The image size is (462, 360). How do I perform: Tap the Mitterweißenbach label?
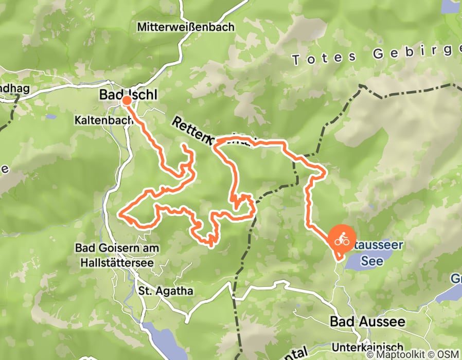(186, 26)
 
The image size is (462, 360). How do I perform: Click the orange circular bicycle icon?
(341, 240)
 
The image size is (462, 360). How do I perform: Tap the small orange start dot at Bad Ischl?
(127, 101)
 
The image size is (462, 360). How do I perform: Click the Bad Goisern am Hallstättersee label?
(117, 255)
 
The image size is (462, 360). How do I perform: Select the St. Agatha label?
(166, 291)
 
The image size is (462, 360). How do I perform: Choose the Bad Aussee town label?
(367, 322)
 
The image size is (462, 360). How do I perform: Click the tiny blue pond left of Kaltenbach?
(50, 117)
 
